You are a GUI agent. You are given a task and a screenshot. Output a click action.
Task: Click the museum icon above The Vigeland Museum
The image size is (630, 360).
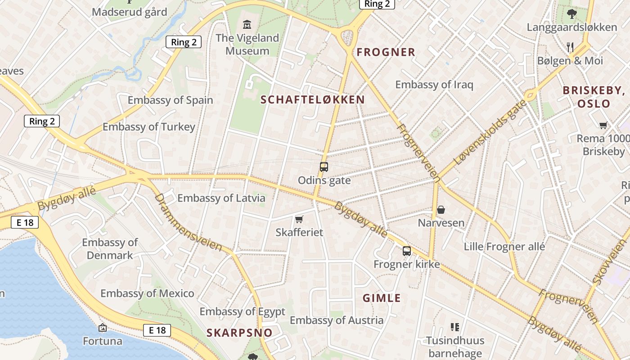point(247,24)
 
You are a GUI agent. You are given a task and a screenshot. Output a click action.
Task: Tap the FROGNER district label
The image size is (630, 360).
point(386,52)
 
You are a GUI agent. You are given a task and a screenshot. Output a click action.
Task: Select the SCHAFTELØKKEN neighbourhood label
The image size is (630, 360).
point(312,100)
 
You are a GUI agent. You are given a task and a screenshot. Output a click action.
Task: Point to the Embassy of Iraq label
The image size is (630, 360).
point(434,85)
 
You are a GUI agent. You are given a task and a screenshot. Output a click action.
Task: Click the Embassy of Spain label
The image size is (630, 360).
point(170,100)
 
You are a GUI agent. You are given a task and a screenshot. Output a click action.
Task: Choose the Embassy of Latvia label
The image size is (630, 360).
point(221,198)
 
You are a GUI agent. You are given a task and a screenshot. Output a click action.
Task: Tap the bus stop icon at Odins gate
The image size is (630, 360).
point(324,167)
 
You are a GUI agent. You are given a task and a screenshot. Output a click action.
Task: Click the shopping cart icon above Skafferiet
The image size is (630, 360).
point(299,219)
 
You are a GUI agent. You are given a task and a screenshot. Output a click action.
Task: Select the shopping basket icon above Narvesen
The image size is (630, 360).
point(441,209)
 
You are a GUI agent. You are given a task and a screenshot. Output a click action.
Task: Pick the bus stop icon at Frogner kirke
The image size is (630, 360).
point(407,251)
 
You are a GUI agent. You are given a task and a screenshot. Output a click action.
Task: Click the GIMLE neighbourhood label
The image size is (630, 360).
point(382,298)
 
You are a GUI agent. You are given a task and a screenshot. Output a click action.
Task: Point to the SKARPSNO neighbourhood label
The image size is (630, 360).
point(239,333)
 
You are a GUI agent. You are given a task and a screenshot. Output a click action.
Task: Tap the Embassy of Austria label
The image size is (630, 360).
point(336,320)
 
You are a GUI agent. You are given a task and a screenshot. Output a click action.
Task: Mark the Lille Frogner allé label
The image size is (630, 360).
point(504,247)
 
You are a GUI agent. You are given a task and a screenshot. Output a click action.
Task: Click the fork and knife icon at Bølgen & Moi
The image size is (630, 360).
point(570,47)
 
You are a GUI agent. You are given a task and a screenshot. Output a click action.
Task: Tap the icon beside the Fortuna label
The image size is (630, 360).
point(103,327)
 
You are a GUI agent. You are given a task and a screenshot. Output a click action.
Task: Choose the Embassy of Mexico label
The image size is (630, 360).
point(147,293)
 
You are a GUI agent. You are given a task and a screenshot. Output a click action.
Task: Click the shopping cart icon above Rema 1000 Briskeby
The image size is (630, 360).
point(603,125)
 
